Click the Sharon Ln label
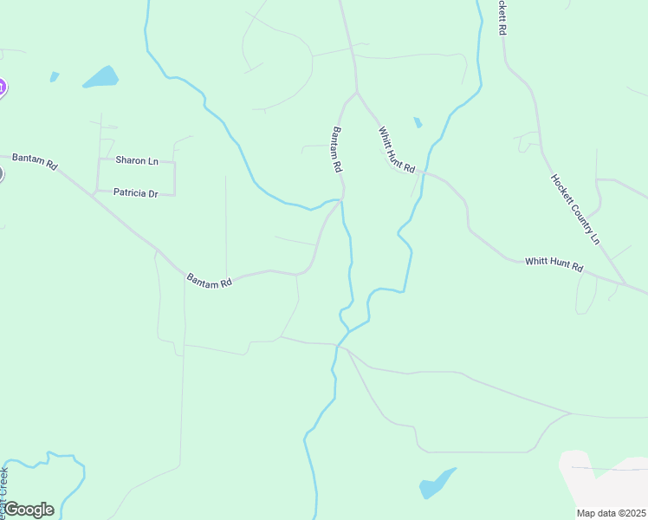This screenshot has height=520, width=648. (x=137, y=161)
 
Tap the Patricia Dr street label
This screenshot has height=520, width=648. (x=135, y=194)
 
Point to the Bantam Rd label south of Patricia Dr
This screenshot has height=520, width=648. (x=210, y=282)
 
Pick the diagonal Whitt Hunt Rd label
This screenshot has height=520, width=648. (x=397, y=149)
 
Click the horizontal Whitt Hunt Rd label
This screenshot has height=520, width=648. (x=554, y=263)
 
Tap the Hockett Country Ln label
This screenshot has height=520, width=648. (x=575, y=209)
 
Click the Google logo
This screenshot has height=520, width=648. (x=29, y=510)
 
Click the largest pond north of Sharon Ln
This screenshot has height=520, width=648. (x=100, y=77)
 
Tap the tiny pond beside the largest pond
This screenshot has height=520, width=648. (x=55, y=77)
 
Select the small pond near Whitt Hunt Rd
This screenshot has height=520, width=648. (x=418, y=122)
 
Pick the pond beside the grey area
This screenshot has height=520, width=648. (x=436, y=484)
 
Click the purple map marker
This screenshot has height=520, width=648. (x=2, y=87)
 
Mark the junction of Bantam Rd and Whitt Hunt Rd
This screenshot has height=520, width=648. (x=355, y=92)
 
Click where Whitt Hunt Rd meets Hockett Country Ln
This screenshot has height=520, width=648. (x=625, y=284)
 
